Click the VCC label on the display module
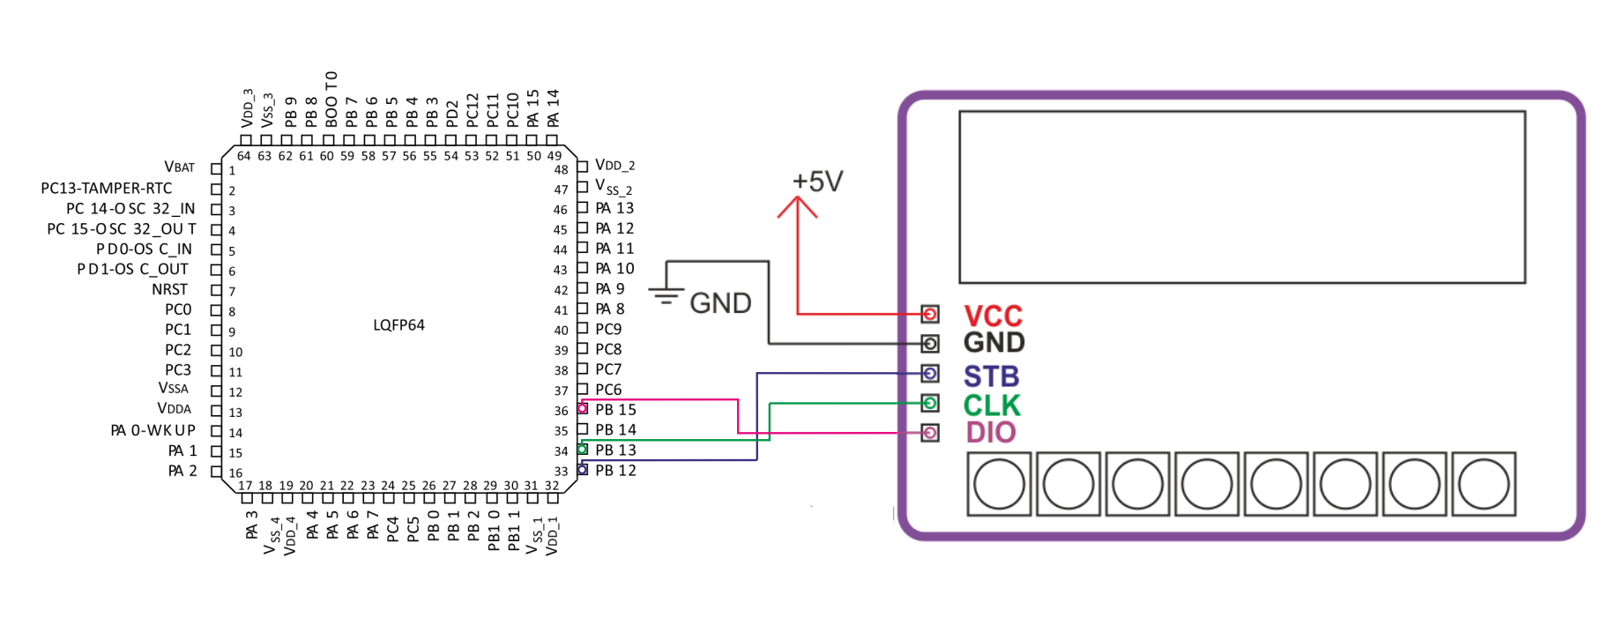click(x=993, y=316)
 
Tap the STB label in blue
click(x=991, y=376)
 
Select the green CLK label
click(x=992, y=406)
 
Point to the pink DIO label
click(x=991, y=433)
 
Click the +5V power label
click(x=817, y=182)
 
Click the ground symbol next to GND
click(x=666, y=296)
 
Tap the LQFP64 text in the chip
click(x=398, y=325)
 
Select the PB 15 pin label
click(x=615, y=410)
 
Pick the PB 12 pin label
click(x=615, y=471)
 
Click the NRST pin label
click(x=169, y=289)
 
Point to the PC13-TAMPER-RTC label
click(x=107, y=189)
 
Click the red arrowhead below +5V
click(x=797, y=206)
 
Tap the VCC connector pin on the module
click(x=930, y=314)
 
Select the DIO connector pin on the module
click(x=930, y=433)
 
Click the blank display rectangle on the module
click(x=1242, y=111)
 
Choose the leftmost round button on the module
click(x=999, y=484)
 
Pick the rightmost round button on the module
click(x=1484, y=484)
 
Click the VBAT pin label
click(x=179, y=167)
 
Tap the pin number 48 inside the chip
click(x=562, y=169)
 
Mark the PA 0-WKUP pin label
click(x=153, y=430)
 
